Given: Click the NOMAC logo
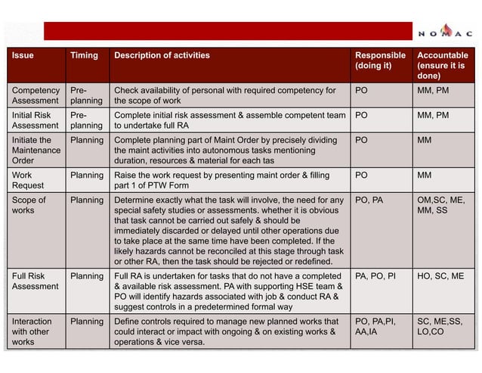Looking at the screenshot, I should tap(445, 32).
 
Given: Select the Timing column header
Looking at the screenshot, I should tap(84, 55).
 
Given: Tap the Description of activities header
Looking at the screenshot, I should tap(162, 55).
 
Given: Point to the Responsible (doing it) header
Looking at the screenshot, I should tap(379, 61).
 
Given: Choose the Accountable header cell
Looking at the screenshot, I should tap(443, 66).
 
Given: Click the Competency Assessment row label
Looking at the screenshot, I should tap(36, 95).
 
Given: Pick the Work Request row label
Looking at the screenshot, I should tap(29, 180).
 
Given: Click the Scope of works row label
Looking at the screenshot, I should tap(29, 205).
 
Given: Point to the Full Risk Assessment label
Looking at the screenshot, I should tap(36, 281).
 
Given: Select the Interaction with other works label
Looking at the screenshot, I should tap(32, 331).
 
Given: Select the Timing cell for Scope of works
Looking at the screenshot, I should tap(87, 200).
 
